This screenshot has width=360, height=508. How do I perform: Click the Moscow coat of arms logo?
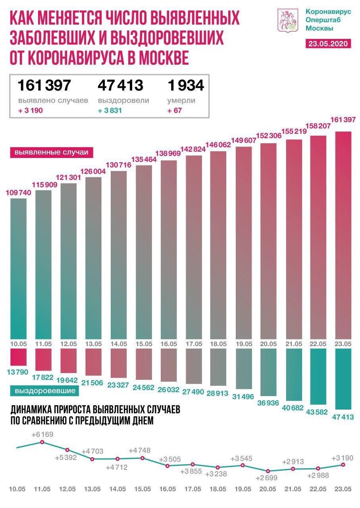click(x=287, y=21)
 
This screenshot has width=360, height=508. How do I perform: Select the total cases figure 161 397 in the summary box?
click(x=44, y=85)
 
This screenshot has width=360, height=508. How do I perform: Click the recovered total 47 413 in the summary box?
click(x=120, y=85)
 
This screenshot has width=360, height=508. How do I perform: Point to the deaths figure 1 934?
click(x=185, y=85)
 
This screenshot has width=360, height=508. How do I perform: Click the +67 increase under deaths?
click(x=175, y=110)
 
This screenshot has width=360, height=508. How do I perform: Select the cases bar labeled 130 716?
click(x=119, y=254)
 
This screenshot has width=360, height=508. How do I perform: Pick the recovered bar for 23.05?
click(x=344, y=378)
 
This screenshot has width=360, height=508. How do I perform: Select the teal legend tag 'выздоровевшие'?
click(x=45, y=391)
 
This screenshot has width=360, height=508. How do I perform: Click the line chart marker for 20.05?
click(x=268, y=471)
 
